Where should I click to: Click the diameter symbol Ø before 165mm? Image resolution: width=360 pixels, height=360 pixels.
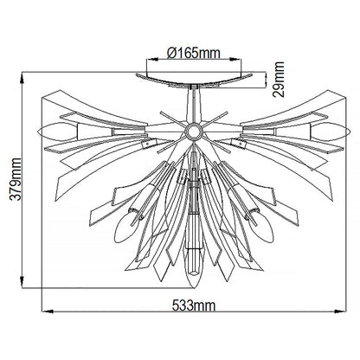[172, 54]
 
